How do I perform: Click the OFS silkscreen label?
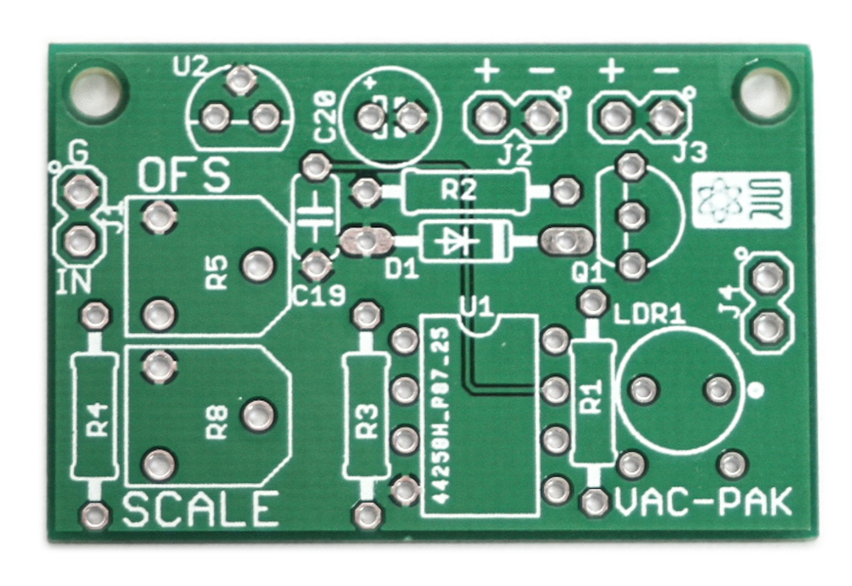click(184, 175)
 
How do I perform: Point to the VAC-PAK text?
click(703, 503)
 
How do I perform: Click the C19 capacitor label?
click(318, 296)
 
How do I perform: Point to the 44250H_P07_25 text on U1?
click(443, 415)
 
